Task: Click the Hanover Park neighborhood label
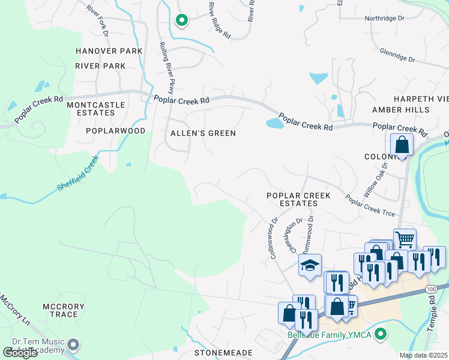(109, 51)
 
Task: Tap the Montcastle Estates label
(96, 109)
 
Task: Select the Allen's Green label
(203, 133)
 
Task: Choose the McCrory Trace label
(59, 310)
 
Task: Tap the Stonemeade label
(223, 353)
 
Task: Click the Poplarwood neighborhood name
(115, 130)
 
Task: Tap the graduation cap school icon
(310, 265)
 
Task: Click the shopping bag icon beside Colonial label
(402, 145)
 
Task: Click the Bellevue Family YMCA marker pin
(379, 334)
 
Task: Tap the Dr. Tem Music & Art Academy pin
(73, 344)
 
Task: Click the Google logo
(20, 353)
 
